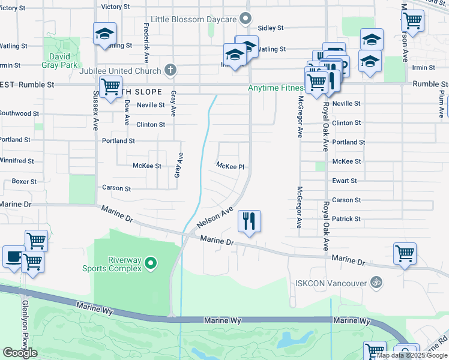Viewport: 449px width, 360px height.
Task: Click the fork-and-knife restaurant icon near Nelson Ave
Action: [x=249, y=221]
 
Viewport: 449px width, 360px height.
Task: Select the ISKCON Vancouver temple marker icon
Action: [x=376, y=282]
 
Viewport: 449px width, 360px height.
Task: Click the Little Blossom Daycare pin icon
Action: [x=245, y=19]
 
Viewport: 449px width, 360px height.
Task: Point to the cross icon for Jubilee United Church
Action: [x=170, y=70]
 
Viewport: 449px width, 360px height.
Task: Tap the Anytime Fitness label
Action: [x=276, y=88]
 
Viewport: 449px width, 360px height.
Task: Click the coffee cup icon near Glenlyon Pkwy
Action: [x=13, y=256]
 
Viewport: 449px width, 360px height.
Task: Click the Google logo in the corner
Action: [x=20, y=352]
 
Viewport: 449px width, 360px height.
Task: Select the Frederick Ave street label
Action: [x=146, y=43]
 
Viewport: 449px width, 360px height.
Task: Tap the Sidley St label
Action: [x=270, y=28]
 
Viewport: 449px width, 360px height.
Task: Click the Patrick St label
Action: [x=346, y=219]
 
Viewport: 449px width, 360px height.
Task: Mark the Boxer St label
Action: [x=24, y=181]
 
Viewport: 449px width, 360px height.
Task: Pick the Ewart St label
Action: [x=345, y=180]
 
